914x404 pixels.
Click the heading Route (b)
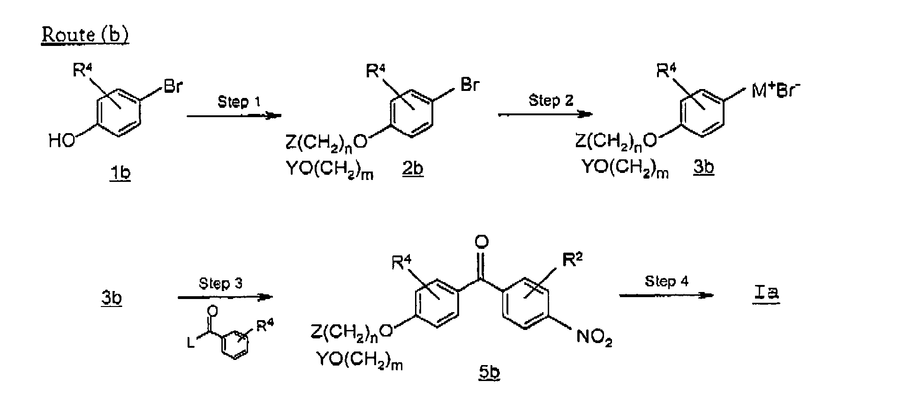(85, 35)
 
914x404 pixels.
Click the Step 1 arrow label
(239, 102)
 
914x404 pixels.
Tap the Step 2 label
(551, 100)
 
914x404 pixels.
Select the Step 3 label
(220, 284)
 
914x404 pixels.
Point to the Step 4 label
(666, 281)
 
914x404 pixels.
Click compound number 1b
(120, 173)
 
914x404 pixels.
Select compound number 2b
(412, 169)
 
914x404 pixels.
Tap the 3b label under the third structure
(703, 168)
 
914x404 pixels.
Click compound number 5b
(489, 373)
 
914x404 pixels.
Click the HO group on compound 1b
(62, 141)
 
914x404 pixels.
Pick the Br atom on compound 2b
(470, 85)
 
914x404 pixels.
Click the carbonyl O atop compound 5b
(482, 242)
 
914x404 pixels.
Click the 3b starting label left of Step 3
(111, 299)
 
